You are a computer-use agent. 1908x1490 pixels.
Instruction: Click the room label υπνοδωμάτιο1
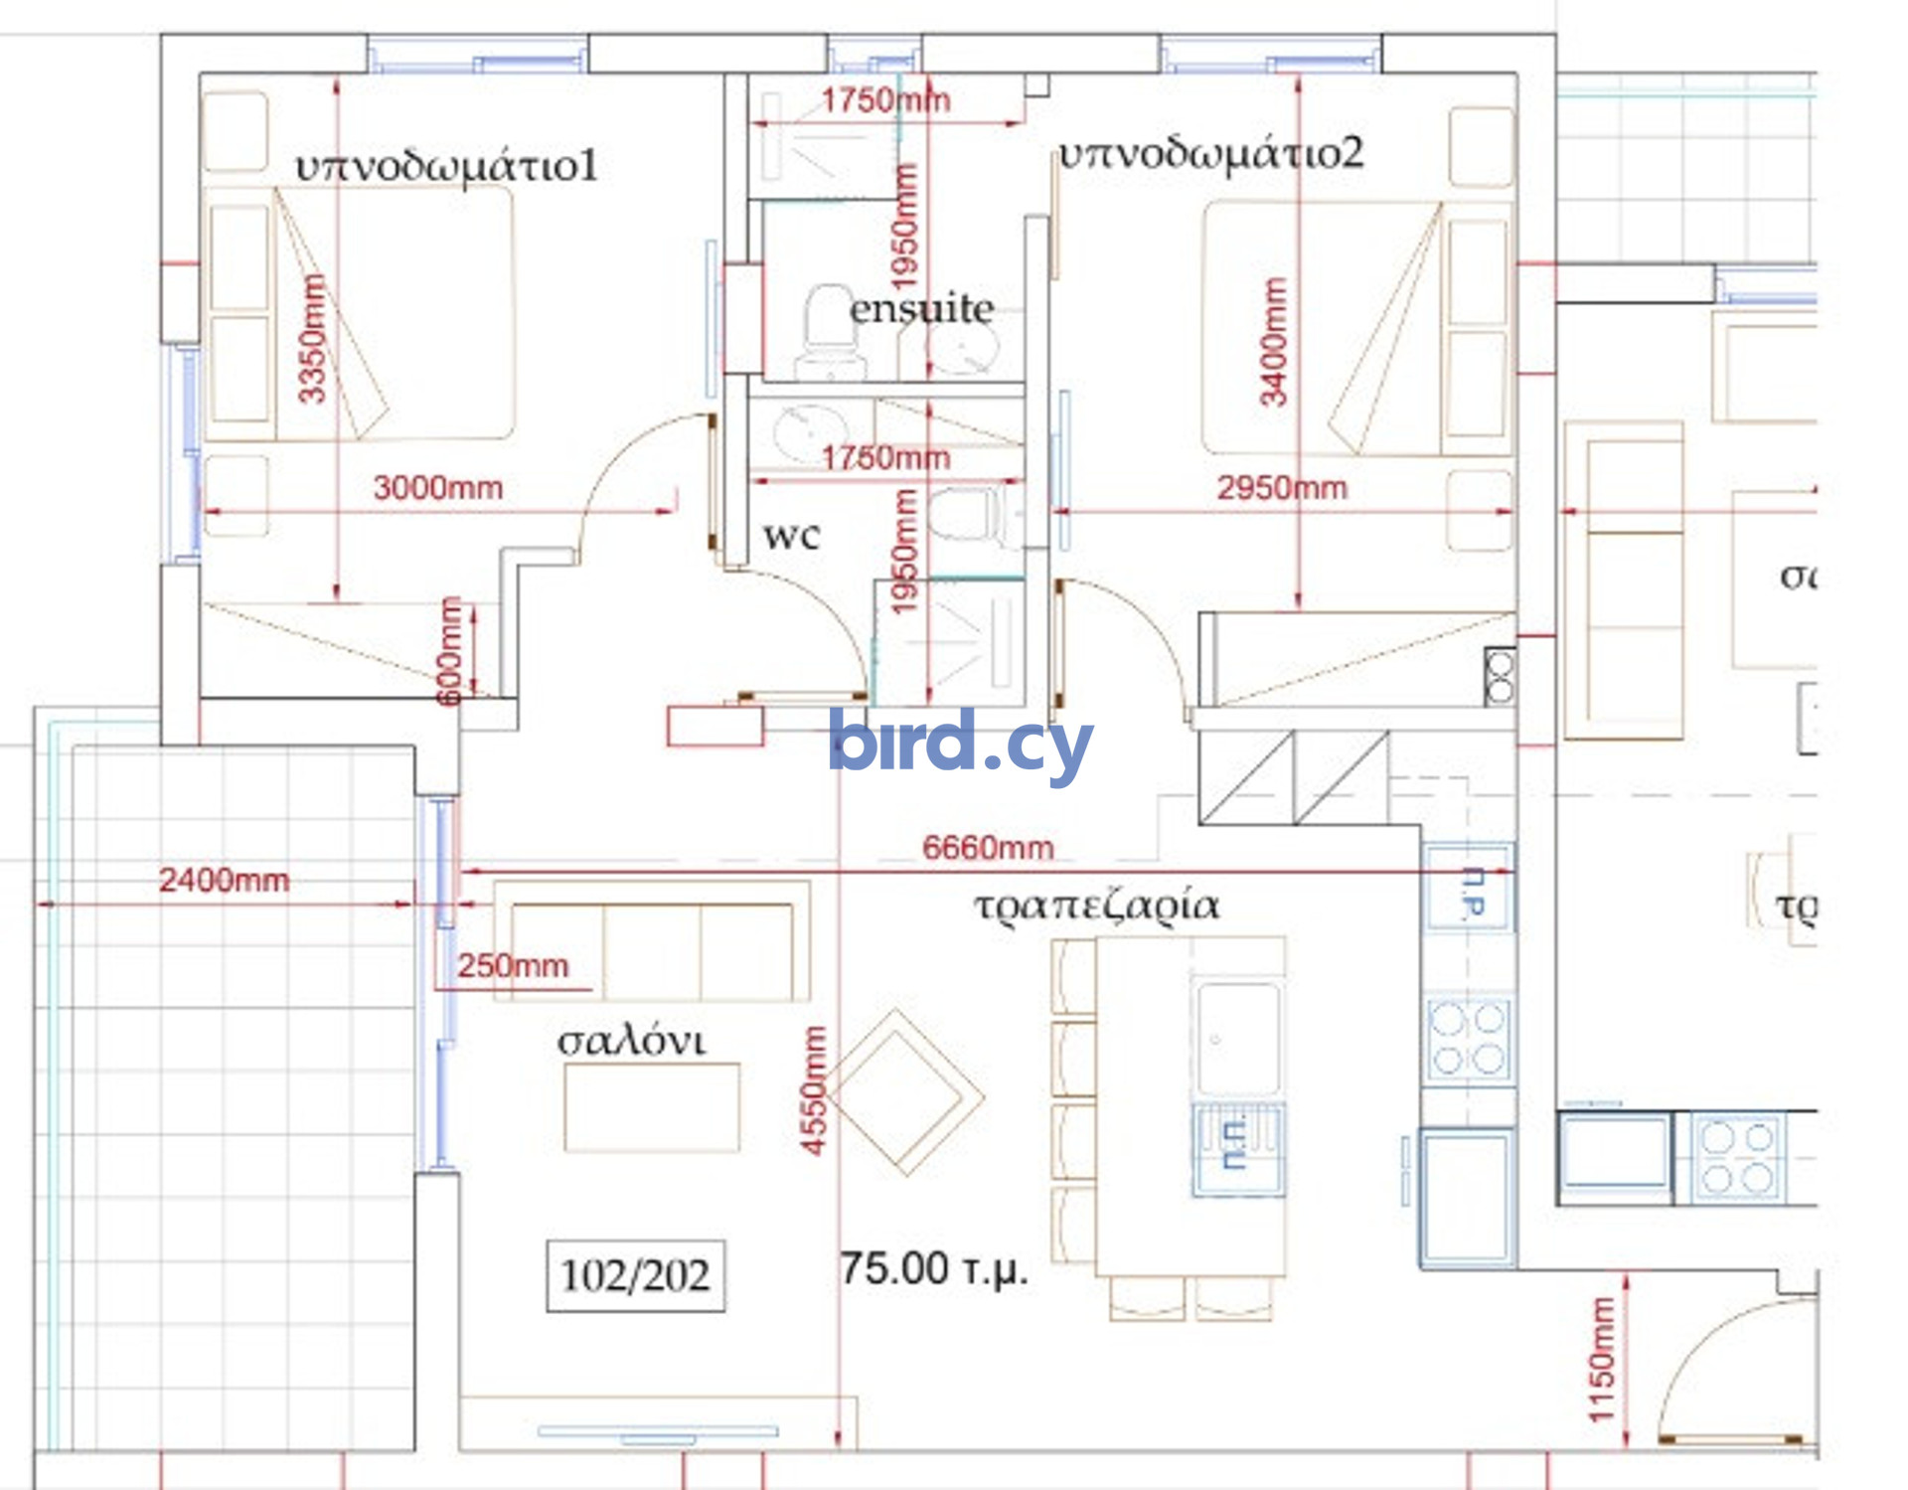[447, 166]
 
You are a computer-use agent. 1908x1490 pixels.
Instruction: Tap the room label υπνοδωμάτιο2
[1210, 154]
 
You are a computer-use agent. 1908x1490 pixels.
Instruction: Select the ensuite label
[921, 309]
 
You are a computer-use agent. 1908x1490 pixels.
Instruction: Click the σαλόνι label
[631, 1041]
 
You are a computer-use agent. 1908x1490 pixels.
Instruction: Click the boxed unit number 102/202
[635, 1275]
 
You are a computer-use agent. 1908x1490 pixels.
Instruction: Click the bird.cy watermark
[960, 742]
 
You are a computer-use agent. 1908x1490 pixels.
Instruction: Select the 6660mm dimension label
[988, 848]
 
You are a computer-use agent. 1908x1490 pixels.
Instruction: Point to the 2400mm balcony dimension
[225, 880]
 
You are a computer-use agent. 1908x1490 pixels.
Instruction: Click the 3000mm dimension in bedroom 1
[438, 488]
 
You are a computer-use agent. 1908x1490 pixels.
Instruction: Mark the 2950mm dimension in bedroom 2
[1282, 488]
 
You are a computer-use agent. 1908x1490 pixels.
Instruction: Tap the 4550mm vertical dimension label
[814, 1090]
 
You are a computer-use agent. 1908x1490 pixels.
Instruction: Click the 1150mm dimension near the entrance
[1602, 1360]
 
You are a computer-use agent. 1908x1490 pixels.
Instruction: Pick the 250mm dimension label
[513, 965]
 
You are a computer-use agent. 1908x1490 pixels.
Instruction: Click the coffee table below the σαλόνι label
[652, 1107]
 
